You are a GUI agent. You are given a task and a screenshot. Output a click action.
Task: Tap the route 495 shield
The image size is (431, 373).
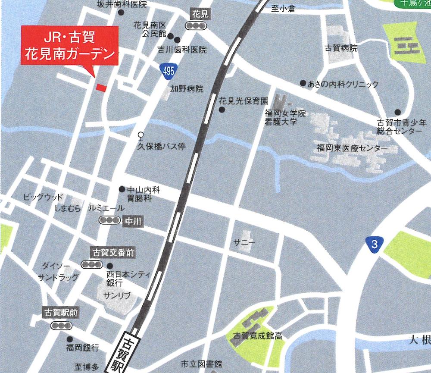pyautogui.click(x=169, y=71)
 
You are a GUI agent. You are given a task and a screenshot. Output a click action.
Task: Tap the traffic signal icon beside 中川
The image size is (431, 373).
pyautogui.click(x=109, y=220)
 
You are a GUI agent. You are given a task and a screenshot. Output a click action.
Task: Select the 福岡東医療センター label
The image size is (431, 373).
pyautogui.click(x=352, y=148)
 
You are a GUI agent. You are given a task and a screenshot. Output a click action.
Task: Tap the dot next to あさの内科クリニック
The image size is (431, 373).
pyautogui.click(x=303, y=83)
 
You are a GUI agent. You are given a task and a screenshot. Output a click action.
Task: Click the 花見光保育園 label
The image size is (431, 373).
pyautogui.click(x=244, y=100)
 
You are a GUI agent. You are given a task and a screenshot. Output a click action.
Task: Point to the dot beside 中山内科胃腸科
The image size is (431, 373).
pyautogui.click(x=122, y=189)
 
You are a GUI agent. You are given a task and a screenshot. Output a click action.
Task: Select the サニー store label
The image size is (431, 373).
pyautogui.click(x=244, y=243)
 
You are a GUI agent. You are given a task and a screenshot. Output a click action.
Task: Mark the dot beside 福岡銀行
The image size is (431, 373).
pyautogui.click(x=69, y=339)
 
